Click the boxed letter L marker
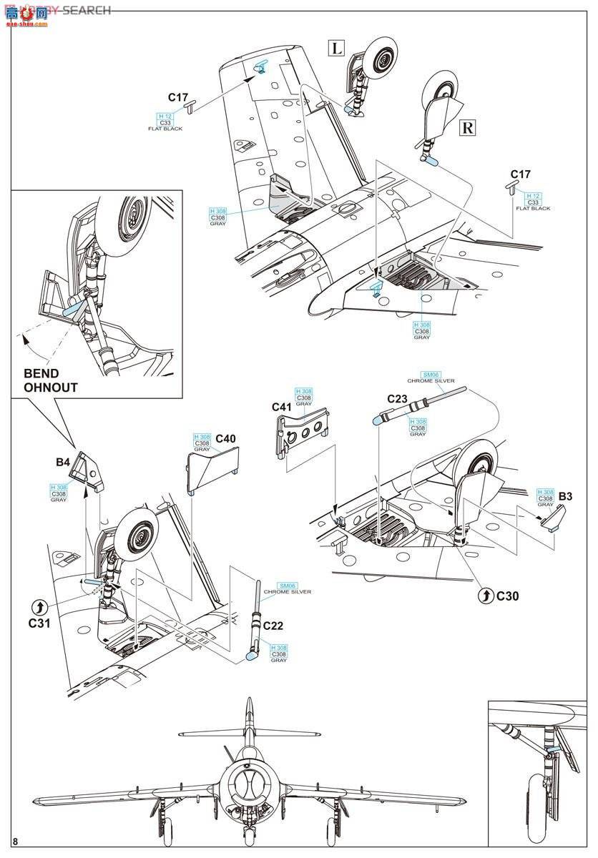click(336, 48)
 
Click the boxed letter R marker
click(466, 128)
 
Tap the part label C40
click(225, 438)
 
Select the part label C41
click(282, 407)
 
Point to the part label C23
click(398, 399)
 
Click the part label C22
click(273, 626)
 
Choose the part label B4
click(64, 463)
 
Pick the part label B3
click(567, 496)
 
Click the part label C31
click(39, 623)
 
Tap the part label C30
click(507, 595)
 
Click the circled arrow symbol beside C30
click(485, 595)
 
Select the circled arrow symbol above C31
click(39, 606)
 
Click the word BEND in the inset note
click(41, 373)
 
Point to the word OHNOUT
click(51, 388)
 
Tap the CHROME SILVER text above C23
click(431, 381)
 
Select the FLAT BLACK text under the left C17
click(166, 129)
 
